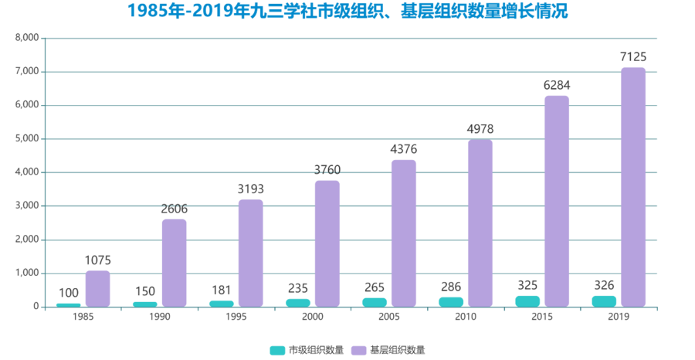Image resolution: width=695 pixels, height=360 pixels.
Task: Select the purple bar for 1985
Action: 97,287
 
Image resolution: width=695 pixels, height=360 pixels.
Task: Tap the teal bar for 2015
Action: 527,301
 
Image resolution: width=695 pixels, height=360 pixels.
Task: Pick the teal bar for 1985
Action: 68,304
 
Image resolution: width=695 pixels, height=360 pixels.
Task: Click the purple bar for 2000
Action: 327,243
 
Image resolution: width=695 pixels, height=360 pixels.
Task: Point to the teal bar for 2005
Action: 375,301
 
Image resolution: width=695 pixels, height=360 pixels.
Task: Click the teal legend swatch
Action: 276,350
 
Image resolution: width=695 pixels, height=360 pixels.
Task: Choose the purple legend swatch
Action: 358,350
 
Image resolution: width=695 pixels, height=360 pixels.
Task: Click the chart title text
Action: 347,12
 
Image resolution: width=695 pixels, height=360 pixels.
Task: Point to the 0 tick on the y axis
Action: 35,306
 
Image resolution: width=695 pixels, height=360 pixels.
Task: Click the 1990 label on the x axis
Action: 159,318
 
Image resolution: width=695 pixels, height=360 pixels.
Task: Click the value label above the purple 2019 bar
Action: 633,56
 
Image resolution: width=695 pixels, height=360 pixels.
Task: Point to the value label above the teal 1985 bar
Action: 68,293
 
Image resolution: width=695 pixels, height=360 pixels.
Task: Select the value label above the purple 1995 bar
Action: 250,188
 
